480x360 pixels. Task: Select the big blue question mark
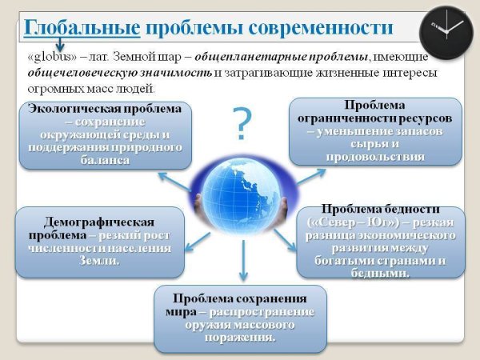[x=242, y=122]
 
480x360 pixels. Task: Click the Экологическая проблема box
[x=106, y=134]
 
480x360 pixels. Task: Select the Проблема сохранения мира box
[x=239, y=317]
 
